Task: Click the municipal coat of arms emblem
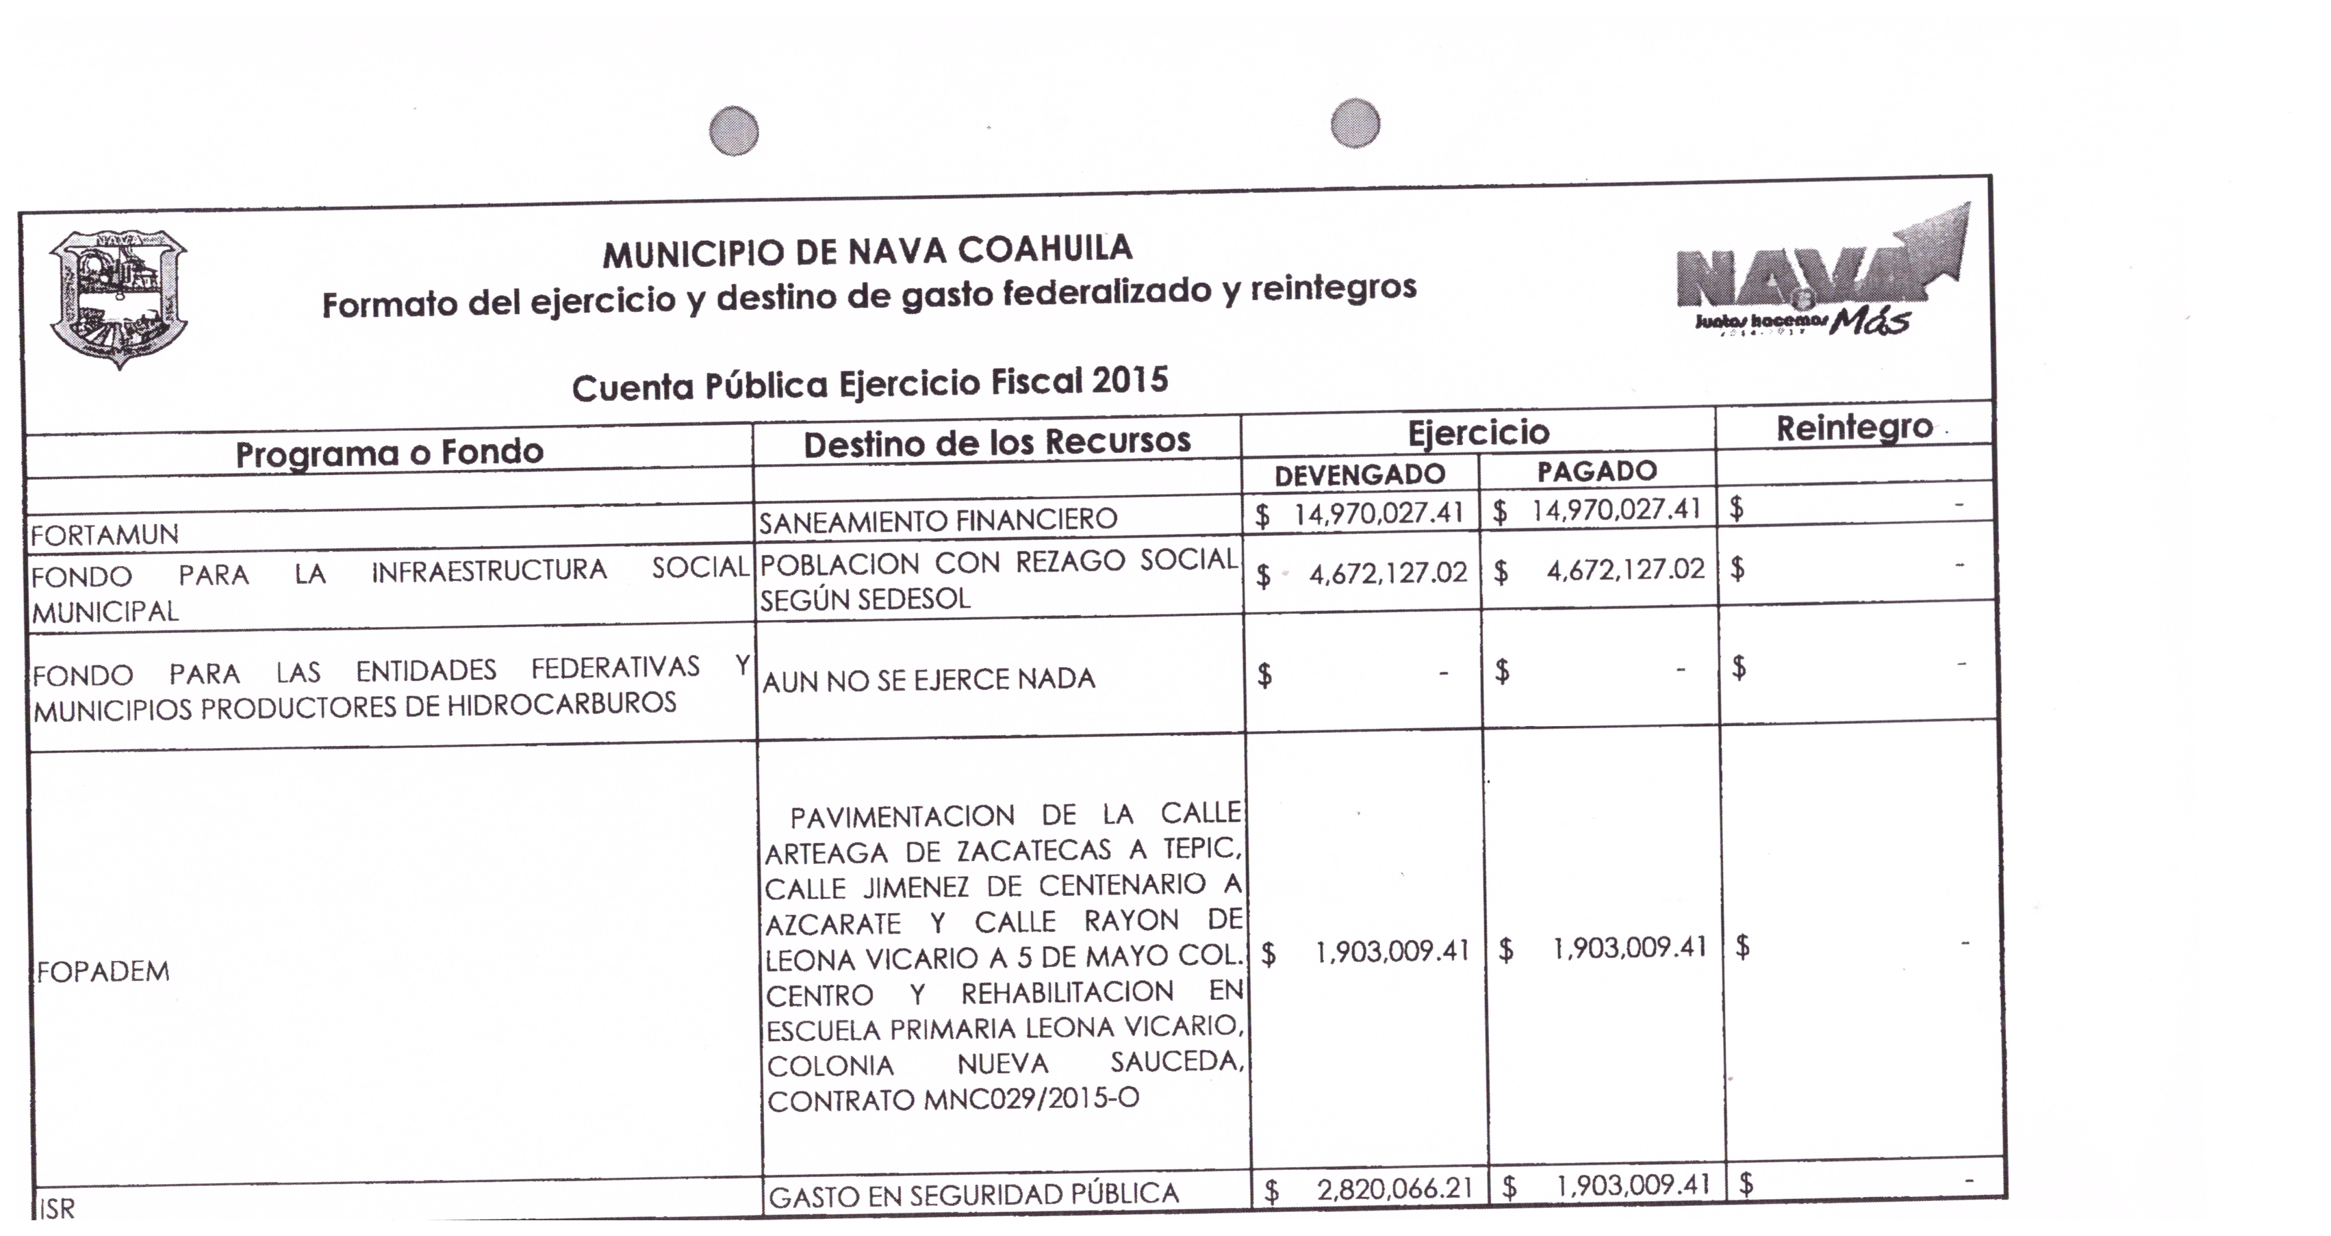pyautogui.click(x=118, y=298)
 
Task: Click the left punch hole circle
pyautogui.click(x=734, y=132)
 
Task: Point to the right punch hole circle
pyautogui.click(x=1355, y=123)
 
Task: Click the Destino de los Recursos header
pyautogui.click(x=996, y=443)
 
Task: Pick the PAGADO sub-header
pyautogui.click(x=1597, y=470)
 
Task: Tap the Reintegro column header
pyautogui.click(x=1854, y=428)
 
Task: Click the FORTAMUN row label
pyautogui.click(x=105, y=535)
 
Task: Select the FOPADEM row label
pyautogui.click(x=103, y=972)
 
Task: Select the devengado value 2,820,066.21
pyautogui.click(x=1394, y=1189)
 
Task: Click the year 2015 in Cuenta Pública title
pyautogui.click(x=1130, y=380)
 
